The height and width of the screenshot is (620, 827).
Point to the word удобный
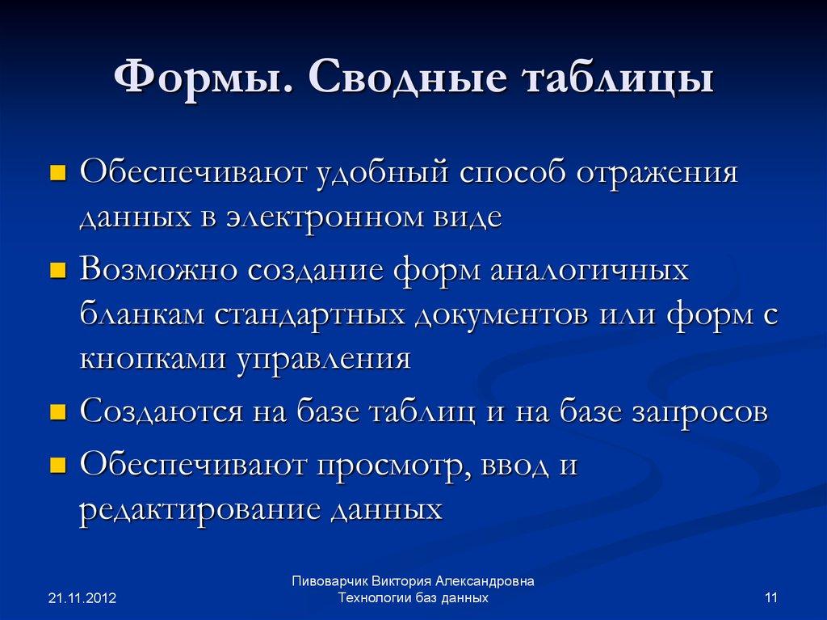point(371,173)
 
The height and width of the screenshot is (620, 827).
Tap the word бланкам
point(141,314)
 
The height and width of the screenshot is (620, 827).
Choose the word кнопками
point(153,358)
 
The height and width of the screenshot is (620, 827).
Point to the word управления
point(323,358)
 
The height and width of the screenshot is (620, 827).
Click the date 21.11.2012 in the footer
point(82,599)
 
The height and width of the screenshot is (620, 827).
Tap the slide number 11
point(770,598)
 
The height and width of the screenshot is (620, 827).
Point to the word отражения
point(657,173)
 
